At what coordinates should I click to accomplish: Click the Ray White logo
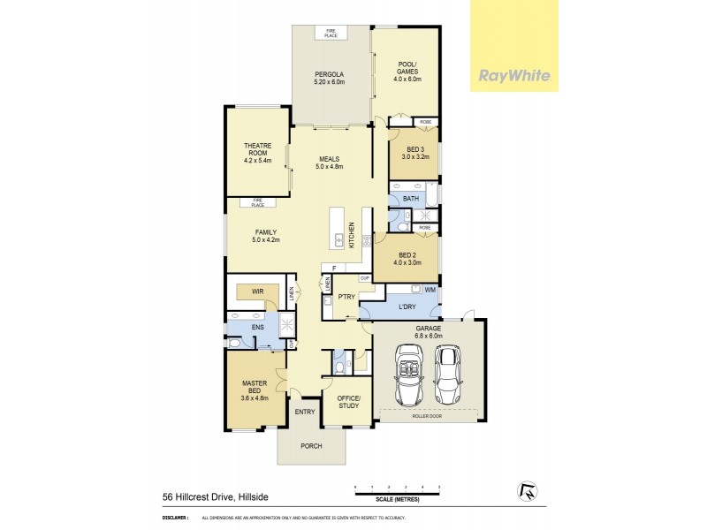[513, 75]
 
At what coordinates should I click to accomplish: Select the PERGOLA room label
[331, 78]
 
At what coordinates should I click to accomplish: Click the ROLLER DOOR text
[430, 415]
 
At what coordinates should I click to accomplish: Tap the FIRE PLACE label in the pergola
[331, 34]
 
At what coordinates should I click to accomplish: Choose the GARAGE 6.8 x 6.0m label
[428, 332]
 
